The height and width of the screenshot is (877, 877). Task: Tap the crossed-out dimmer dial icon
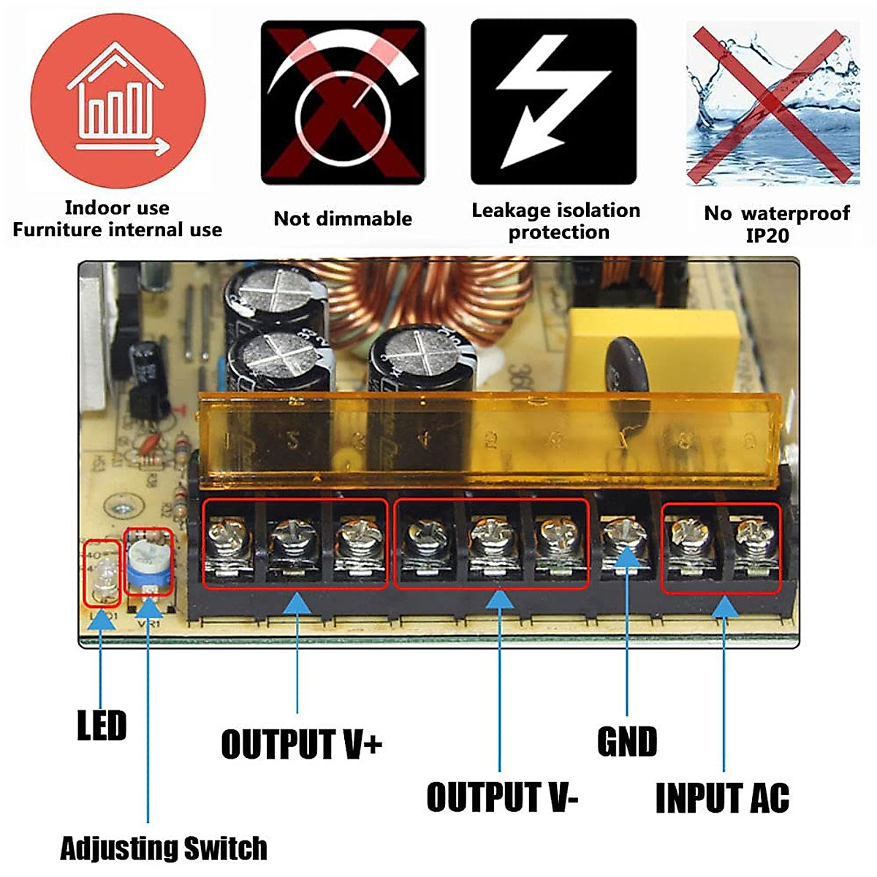pyautogui.click(x=343, y=102)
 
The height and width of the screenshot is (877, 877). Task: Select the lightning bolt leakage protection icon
pyautogui.click(x=553, y=102)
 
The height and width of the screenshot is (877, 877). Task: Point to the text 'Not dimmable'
pyautogui.click(x=343, y=219)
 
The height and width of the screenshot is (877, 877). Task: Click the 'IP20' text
pyautogui.click(x=767, y=235)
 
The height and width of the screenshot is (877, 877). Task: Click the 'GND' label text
pyautogui.click(x=627, y=742)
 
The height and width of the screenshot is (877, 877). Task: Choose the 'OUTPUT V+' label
pyautogui.click(x=301, y=745)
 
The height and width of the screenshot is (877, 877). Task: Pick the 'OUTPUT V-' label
pyautogui.click(x=502, y=797)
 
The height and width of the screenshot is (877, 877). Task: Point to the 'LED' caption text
pyautogui.click(x=102, y=726)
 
